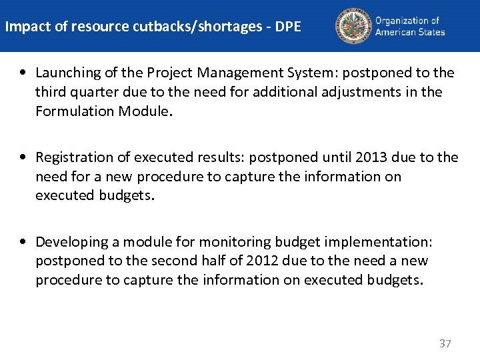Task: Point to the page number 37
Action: click(x=445, y=344)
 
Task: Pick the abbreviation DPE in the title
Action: click(x=287, y=27)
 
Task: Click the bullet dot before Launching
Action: click(x=24, y=72)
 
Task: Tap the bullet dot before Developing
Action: click(x=24, y=241)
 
